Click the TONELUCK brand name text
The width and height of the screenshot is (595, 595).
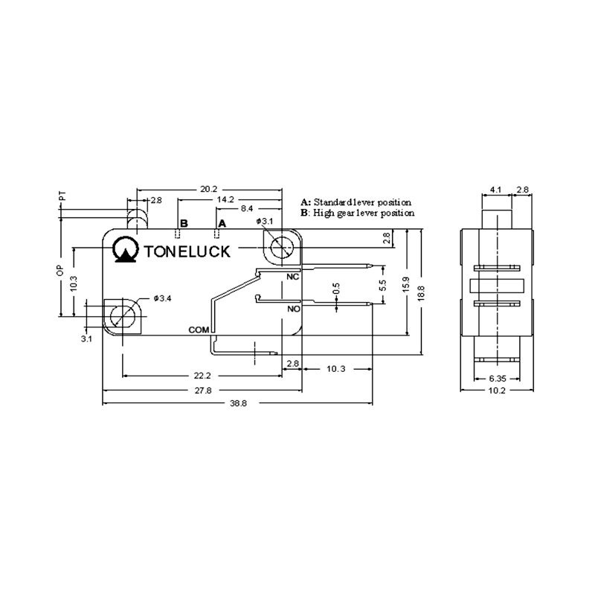point(187,251)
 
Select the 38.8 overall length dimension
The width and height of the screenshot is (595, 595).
point(238,403)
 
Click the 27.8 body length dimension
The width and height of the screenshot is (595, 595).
point(203,390)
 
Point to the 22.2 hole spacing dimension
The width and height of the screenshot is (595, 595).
point(202,376)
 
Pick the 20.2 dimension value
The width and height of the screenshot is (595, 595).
point(209,189)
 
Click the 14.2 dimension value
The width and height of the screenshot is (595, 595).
point(225,199)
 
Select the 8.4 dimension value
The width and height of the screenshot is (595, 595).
point(247,208)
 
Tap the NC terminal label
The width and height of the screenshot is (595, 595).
point(293,277)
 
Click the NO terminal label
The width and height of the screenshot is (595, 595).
point(294,309)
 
